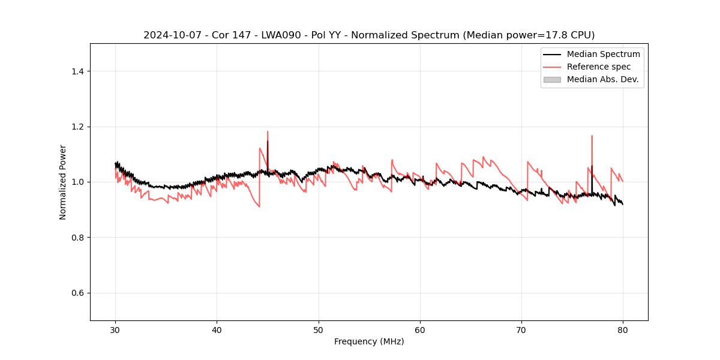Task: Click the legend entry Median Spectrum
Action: [x=603, y=54]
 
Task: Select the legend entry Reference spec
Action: [x=598, y=67]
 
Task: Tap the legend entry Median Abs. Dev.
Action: [x=602, y=79]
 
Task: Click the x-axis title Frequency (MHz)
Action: [x=369, y=341]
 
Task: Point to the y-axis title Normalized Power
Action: [x=63, y=182]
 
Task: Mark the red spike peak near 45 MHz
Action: [x=268, y=131]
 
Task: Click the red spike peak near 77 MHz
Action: [x=592, y=136]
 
